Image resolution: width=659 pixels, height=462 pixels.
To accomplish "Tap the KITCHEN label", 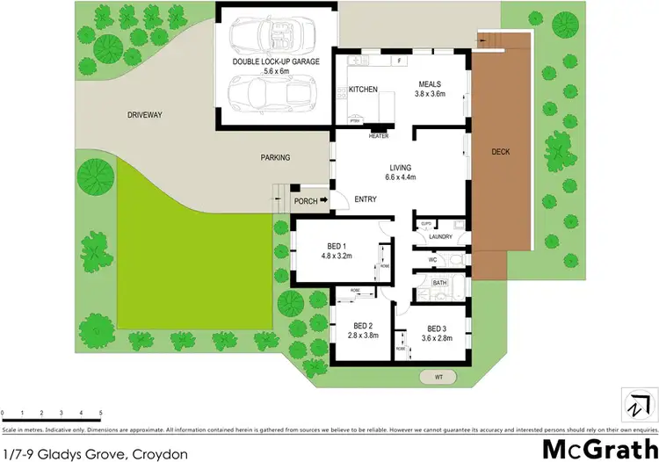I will click(x=363, y=90).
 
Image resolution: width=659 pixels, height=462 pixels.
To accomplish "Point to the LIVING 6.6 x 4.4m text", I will click(x=400, y=172).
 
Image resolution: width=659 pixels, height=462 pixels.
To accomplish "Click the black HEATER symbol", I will click(x=379, y=129).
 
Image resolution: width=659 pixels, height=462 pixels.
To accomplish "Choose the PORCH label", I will click(x=305, y=201).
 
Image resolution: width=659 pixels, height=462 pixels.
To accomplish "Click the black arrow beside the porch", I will click(x=323, y=201).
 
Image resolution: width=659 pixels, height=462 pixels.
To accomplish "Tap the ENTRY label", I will click(x=366, y=199).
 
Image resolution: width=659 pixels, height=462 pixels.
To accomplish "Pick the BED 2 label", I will click(x=358, y=329).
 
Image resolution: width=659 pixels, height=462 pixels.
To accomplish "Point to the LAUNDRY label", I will click(x=441, y=236).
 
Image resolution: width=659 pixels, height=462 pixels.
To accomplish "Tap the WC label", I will click(x=432, y=260).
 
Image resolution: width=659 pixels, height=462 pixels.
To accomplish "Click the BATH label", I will click(x=438, y=283).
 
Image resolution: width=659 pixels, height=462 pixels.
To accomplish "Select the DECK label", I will click(x=500, y=152).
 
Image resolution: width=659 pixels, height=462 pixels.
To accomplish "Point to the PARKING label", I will click(x=275, y=158).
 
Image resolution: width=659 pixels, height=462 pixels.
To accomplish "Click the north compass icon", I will click(x=635, y=402).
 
